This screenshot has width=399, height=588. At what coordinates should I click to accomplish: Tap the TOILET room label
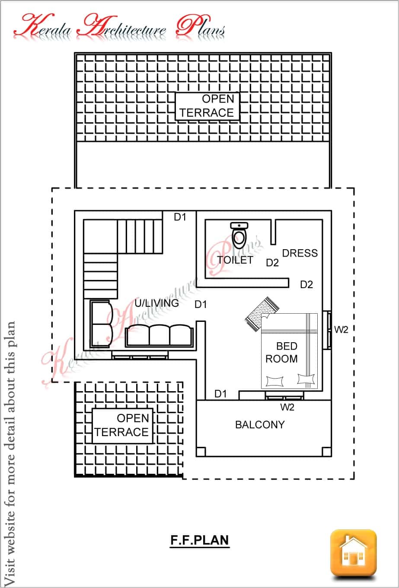pos(235,260)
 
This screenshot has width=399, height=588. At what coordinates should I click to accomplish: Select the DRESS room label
pos(300,253)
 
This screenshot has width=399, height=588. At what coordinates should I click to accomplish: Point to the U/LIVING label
pos(156,303)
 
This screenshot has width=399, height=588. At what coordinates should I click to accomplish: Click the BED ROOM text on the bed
pos(282,352)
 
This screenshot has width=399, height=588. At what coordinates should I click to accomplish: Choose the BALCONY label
pos(259,424)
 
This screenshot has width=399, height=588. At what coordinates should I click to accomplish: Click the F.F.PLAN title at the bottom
pos(199,540)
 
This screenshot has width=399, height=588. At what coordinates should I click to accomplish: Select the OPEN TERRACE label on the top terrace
pos(207,106)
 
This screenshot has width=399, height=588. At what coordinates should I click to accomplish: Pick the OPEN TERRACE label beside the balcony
pos(122,425)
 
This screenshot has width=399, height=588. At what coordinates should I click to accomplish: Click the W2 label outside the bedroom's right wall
pos(341,330)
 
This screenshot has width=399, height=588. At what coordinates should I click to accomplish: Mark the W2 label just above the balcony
pos(287,407)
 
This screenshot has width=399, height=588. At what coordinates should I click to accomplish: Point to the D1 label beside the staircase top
pos(180,217)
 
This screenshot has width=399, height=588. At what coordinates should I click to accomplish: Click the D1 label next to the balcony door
pos(220,393)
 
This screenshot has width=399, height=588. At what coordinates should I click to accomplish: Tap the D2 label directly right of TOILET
pos(272,263)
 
